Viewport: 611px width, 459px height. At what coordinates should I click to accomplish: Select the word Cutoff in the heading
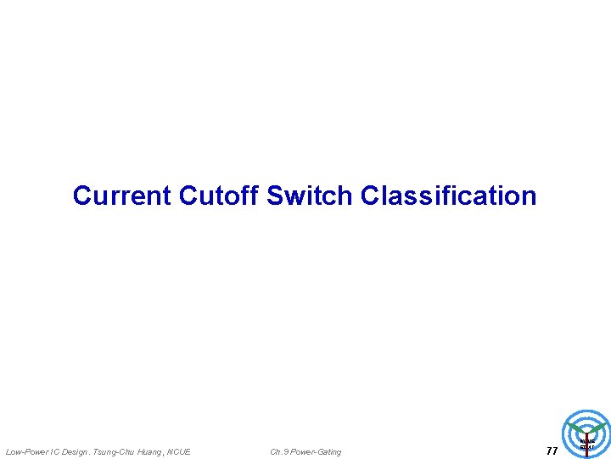[219, 195]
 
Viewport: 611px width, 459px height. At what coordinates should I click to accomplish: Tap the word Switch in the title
[311, 195]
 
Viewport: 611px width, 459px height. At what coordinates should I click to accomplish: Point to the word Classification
[448, 195]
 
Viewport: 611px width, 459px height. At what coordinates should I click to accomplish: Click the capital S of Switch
[274, 195]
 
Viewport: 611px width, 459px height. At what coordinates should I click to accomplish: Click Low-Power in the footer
[27, 452]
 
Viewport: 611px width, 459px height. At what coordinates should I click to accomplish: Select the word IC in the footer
[55, 452]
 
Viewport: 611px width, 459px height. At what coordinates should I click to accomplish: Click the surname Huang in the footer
[153, 452]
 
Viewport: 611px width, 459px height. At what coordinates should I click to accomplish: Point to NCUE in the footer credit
[180, 452]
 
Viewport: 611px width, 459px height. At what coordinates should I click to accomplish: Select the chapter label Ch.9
[279, 452]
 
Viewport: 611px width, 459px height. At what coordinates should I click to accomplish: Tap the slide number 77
[552, 451]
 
